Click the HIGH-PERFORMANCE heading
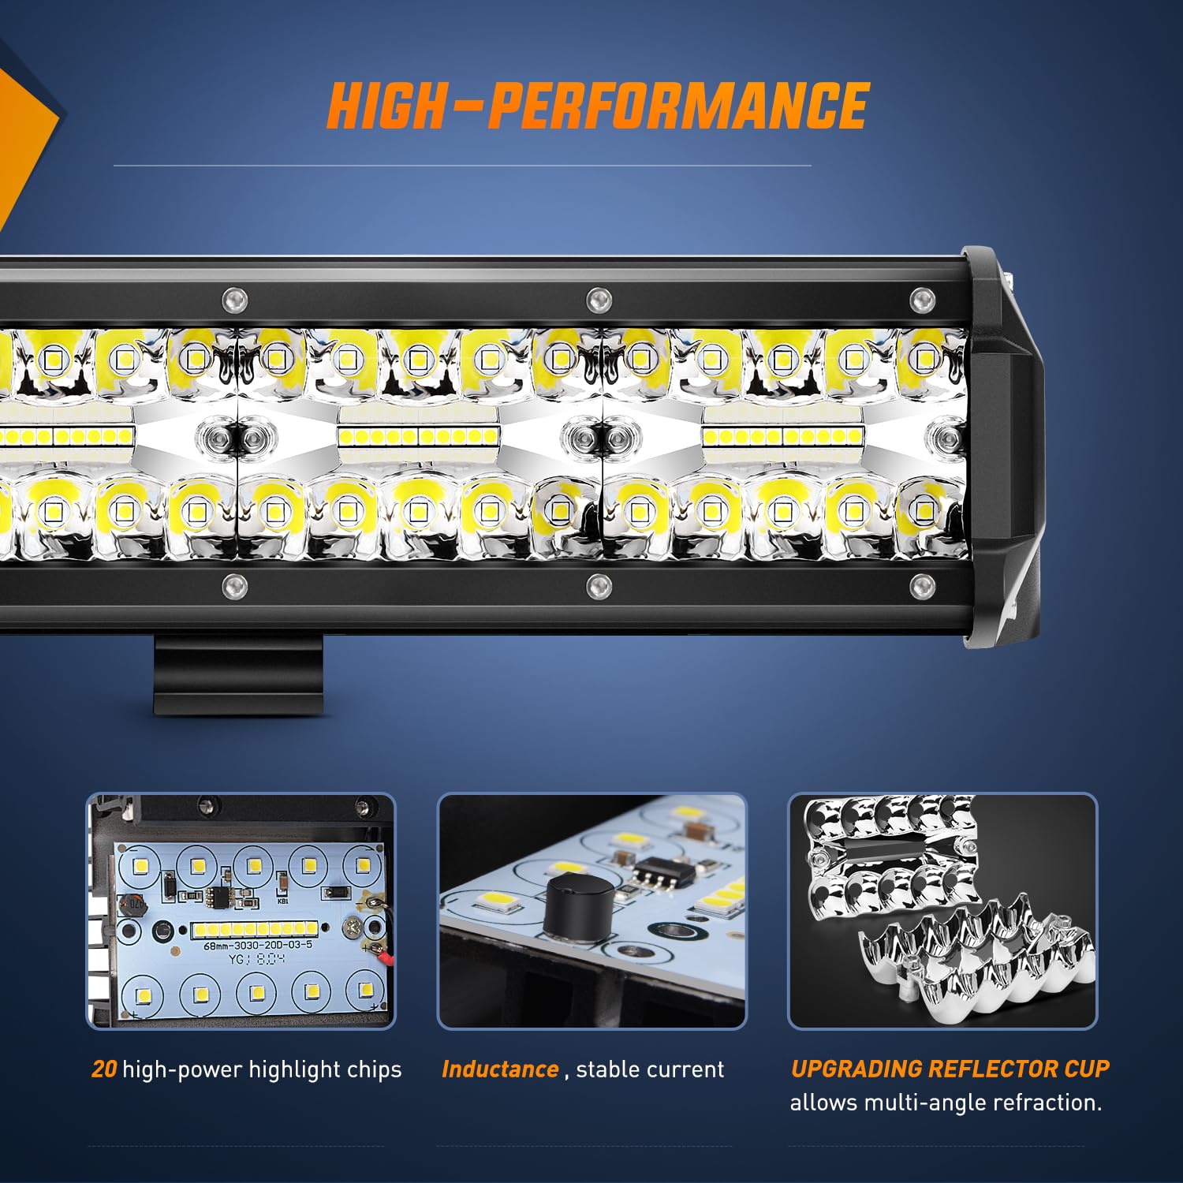[597, 106]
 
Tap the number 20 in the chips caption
[104, 1069]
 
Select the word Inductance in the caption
[500, 1069]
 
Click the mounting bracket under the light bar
[238, 674]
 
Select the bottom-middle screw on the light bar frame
[599, 585]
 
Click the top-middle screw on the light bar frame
[599, 300]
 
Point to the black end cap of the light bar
[1006, 450]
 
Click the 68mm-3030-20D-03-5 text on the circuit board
[258, 945]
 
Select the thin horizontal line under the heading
[462, 166]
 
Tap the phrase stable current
[649, 1069]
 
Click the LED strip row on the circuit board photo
[255, 928]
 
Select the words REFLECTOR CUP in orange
[1018, 1069]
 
